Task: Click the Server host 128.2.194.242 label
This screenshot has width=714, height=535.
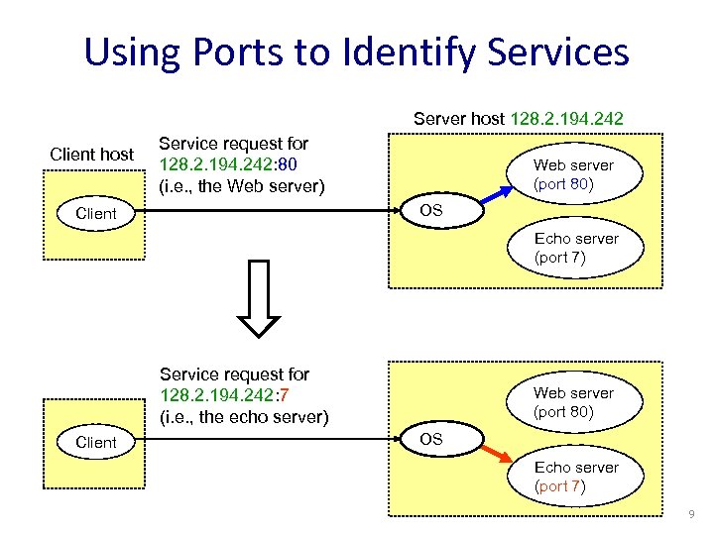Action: tap(519, 119)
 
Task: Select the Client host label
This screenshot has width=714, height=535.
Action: tap(92, 154)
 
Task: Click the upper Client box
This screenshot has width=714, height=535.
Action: tap(95, 213)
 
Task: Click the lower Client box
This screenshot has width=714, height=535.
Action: tap(95, 442)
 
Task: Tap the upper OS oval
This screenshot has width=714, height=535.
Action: tap(430, 210)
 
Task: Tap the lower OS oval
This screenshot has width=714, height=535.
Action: tap(430, 438)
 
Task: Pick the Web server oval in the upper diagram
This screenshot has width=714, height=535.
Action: tap(573, 174)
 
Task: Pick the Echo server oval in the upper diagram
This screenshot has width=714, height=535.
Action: tap(575, 248)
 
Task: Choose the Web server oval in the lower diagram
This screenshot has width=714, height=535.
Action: tap(573, 402)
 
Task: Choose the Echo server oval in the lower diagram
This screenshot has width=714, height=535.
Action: tap(575, 477)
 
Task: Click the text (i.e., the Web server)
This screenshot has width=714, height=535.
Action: tap(242, 184)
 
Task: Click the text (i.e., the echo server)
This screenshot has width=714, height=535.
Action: tap(244, 416)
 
